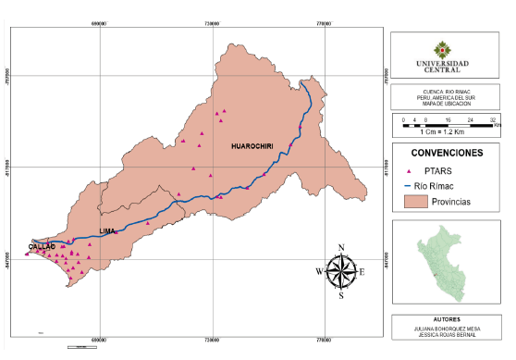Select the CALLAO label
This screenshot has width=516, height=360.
tap(42, 247)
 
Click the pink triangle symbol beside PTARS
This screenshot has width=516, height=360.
tap(410, 171)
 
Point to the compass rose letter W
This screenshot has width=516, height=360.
tap(321, 271)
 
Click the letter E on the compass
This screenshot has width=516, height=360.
tap(362, 271)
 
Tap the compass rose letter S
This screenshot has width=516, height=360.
tap(341, 296)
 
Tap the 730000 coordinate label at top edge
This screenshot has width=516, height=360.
tap(213, 21)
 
